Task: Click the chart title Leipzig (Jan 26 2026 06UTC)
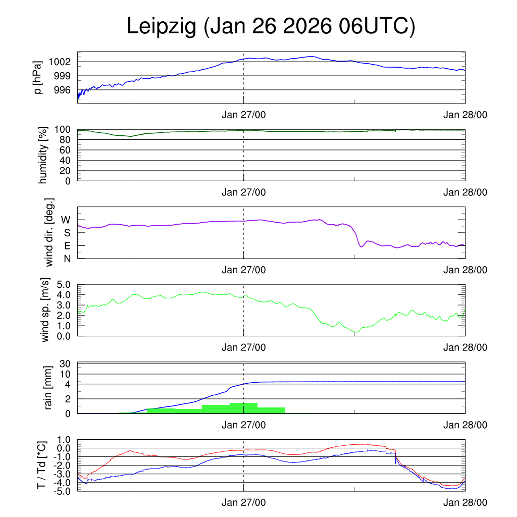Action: click(x=271, y=26)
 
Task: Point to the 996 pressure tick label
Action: click(x=63, y=90)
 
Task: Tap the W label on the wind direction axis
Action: click(x=66, y=220)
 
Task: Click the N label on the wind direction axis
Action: click(x=66, y=258)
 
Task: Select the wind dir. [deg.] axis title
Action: click(x=49, y=232)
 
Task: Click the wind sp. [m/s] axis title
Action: click(x=45, y=310)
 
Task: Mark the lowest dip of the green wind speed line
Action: click(x=356, y=332)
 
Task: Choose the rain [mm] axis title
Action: click(x=49, y=388)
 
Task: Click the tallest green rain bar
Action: click(x=243, y=408)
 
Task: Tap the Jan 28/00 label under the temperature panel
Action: click(x=465, y=503)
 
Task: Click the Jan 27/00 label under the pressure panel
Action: click(x=244, y=115)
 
